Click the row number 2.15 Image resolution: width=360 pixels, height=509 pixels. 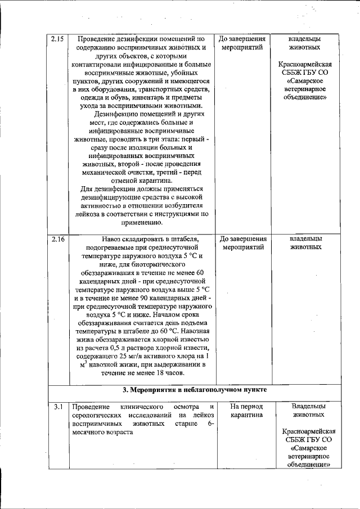[57, 39]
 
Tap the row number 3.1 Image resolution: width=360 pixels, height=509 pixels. [57, 406]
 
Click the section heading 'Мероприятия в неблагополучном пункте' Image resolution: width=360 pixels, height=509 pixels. [195, 389]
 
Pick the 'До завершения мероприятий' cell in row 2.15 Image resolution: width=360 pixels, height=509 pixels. [242, 43]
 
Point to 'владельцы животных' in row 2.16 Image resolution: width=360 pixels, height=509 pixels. [305, 242]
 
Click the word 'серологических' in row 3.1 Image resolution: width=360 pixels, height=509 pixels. [96, 415]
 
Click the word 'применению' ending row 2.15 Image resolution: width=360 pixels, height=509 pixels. [141, 222]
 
